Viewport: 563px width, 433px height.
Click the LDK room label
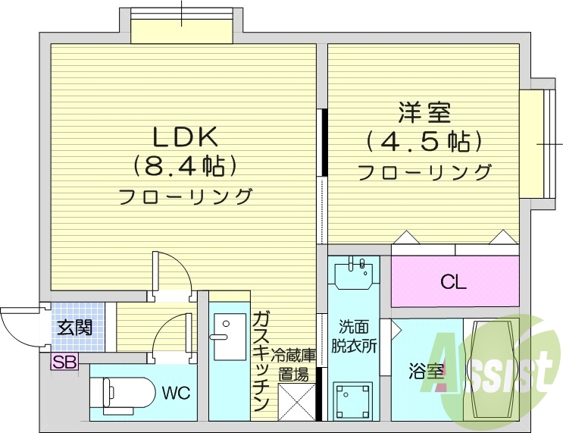[x=186, y=136]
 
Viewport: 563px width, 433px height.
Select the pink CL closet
[x=455, y=282]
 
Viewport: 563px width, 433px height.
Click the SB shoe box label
[x=64, y=362]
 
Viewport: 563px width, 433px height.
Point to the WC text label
[x=174, y=393]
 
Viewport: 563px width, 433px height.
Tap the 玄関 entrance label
[x=75, y=328]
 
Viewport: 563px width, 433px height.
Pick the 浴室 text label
[x=427, y=372]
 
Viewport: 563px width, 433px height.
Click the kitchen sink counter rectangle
[x=229, y=337]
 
